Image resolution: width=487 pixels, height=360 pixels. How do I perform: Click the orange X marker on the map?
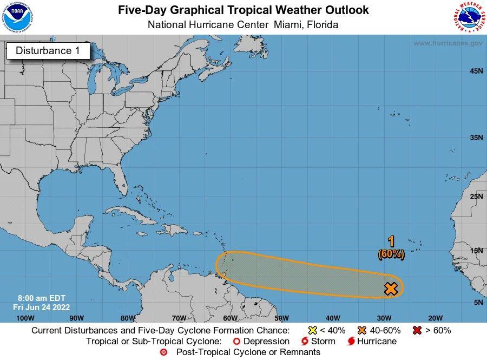pos(391,289)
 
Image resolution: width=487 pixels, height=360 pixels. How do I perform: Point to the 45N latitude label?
pos(476,71)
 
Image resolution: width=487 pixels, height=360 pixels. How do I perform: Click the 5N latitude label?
pos(478,302)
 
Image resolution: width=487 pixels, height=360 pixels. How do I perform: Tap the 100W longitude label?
pos(25,318)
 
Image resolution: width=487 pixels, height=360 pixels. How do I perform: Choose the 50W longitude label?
pos(281,318)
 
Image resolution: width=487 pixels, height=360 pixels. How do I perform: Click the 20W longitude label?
pos(435,318)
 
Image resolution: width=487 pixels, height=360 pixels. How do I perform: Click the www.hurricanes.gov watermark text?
pos(448,43)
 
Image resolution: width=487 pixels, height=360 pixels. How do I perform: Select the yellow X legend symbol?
pos(312,330)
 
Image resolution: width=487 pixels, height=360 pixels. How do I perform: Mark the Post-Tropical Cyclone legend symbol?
pos(164,352)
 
